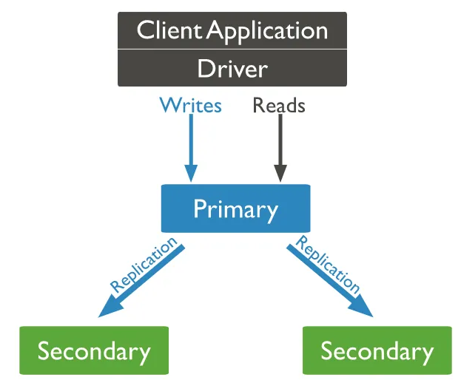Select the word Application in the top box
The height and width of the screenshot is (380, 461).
(x=267, y=30)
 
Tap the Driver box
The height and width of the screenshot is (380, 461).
(x=232, y=69)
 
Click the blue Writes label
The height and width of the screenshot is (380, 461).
(x=190, y=106)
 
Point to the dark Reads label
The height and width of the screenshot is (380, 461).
(x=279, y=106)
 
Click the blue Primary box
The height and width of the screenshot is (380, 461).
(x=235, y=208)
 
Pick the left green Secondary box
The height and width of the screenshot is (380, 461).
(x=94, y=350)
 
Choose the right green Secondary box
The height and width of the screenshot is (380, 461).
(x=377, y=350)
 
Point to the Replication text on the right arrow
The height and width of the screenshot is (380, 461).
(x=329, y=264)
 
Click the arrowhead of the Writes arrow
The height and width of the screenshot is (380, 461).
(x=190, y=173)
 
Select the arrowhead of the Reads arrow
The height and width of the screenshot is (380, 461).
(x=280, y=173)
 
